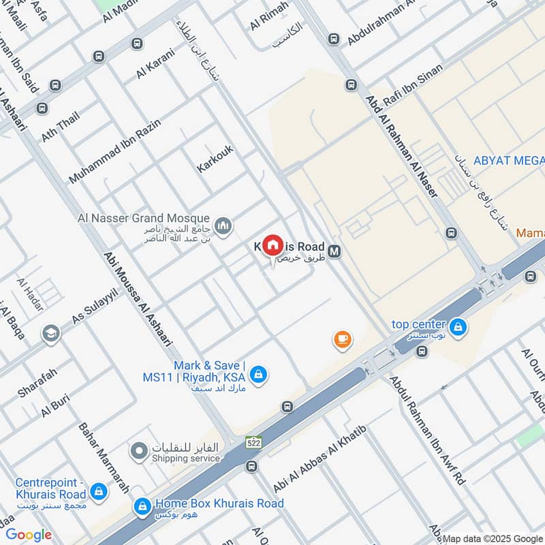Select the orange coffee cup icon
click(x=342, y=339)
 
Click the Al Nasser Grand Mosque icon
click(x=223, y=225)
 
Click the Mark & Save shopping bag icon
click(x=258, y=374)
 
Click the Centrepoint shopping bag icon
click(x=99, y=490)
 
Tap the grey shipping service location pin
click(x=139, y=450)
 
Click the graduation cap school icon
click(x=50, y=333)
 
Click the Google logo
click(x=29, y=535)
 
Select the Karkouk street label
click(x=215, y=157)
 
